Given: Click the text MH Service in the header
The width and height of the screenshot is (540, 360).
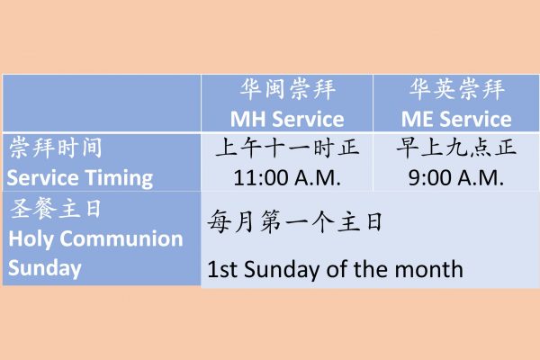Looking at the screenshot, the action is pyautogui.click(x=287, y=119).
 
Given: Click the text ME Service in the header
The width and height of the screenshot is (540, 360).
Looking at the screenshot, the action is pyautogui.click(x=456, y=119).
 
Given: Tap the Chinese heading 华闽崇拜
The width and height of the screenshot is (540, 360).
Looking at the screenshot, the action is pyautogui.click(x=288, y=89).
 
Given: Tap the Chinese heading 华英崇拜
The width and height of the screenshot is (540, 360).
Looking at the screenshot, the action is pyautogui.click(x=457, y=89).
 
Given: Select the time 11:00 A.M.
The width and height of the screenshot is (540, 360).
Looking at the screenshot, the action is pyautogui.click(x=287, y=178).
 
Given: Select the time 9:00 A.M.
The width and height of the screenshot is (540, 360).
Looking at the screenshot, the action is pyautogui.click(x=456, y=178).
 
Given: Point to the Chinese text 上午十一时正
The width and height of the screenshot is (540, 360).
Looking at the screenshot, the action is pyautogui.click(x=288, y=148).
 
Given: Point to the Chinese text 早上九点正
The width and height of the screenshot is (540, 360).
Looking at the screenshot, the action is pyautogui.click(x=456, y=148).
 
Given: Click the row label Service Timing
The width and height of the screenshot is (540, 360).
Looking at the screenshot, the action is pyautogui.click(x=80, y=178).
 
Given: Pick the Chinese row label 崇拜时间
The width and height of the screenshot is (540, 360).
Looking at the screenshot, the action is pyautogui.click(x=56, y=148).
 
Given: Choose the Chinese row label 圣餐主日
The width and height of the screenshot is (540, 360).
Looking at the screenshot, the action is pyautogui.click(x=55, y=209).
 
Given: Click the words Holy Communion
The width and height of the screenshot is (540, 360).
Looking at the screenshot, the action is pyautogui.click(x=95, y=239).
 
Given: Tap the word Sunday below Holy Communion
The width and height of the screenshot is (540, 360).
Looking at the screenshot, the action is pyautogui.click(x=45, y=269).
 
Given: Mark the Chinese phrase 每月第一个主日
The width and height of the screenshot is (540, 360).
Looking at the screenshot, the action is pyautogui.click(x=295, y=221).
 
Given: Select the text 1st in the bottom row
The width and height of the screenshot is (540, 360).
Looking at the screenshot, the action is pyautogui.click(x=222, y=269).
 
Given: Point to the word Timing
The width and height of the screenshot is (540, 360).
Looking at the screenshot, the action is pyautogui.click(x=119, y=179).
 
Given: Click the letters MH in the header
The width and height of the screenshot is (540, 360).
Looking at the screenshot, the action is pyautogui.click(x=248, y=119).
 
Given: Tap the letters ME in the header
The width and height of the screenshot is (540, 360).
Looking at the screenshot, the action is pyautogui.click(x=417, y=119).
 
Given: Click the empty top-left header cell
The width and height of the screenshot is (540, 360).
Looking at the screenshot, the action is pyautogui.click(x=102, y=103).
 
